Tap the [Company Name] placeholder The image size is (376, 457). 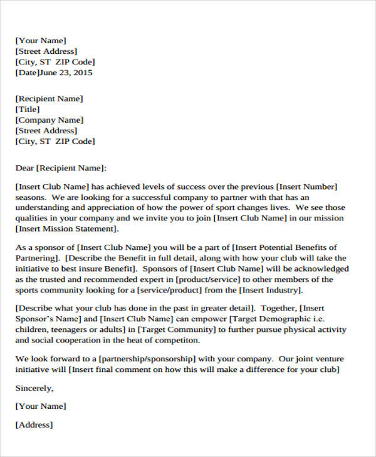50,120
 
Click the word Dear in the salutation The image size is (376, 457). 25,168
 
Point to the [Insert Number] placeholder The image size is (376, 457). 307,187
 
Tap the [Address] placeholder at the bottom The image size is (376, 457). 34,424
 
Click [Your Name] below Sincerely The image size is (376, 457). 41,406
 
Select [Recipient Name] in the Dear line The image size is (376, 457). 72,168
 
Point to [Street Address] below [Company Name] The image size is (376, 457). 46,131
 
